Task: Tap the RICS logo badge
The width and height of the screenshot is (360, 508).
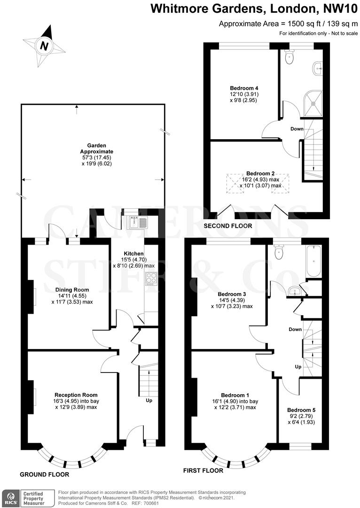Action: [10, 497]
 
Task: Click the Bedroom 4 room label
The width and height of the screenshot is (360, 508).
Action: [244, 88]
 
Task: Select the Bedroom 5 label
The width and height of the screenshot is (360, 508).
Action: [301, 410]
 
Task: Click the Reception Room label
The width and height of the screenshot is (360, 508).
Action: [76, 395]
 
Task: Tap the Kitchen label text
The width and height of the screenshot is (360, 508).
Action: [133, 254]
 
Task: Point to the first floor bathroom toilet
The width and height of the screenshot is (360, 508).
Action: [279, 253]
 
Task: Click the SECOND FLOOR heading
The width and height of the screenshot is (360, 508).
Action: [227, 226]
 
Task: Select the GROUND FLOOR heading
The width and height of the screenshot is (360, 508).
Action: [44, 475]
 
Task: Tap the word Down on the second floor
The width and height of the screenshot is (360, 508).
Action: [297, 129]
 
